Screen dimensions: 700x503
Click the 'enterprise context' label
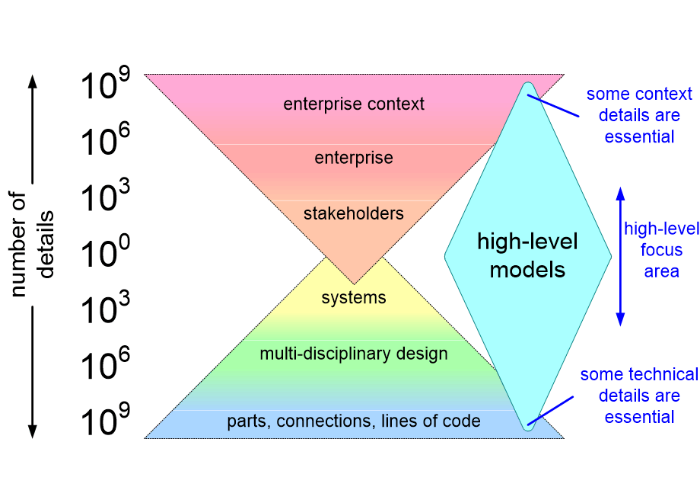pos(354,104)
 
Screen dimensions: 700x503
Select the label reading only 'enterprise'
pos(354,158)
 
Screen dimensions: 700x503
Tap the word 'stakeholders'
pos(354,213)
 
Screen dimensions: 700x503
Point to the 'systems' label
pos(354,298)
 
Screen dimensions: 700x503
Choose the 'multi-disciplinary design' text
pos(354,354)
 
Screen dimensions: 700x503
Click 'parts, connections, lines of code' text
pos(354,421)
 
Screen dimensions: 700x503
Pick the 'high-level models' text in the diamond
pos(528,256)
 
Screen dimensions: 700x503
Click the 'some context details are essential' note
pos(639,115)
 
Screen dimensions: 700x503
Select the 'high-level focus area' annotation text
pos(662,250)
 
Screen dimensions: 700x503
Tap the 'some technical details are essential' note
pos(639,396)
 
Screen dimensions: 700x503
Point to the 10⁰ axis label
pos(105,252)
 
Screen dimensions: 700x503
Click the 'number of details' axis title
pos(31,244)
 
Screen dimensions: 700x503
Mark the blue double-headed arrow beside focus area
pos(620,257)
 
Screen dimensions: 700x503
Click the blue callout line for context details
pos(553,105)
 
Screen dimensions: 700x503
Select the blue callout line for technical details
pos(550,411)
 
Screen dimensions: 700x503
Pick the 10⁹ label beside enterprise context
pos(105,83)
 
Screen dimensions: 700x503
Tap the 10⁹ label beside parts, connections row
pos(105,420)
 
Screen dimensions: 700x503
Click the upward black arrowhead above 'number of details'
pos(32,82)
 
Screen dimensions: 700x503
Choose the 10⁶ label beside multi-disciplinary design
pos(105,364)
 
